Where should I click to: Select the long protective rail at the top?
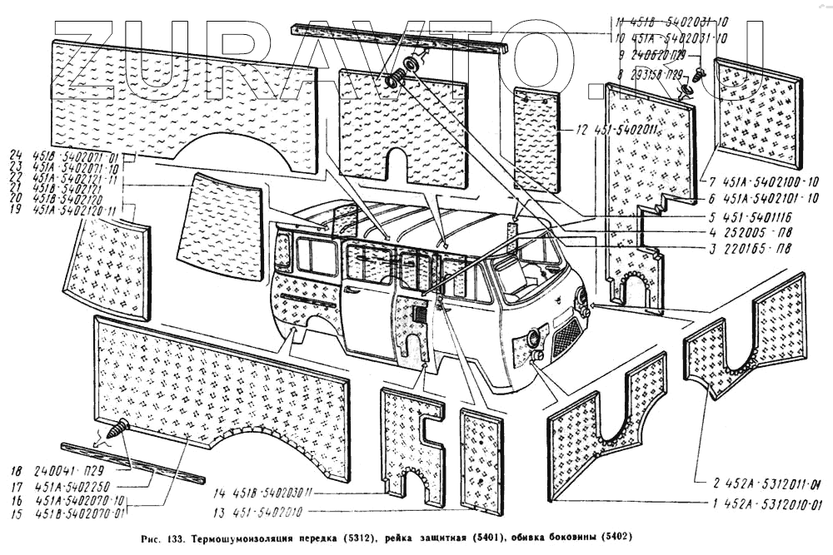[400, 38]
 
